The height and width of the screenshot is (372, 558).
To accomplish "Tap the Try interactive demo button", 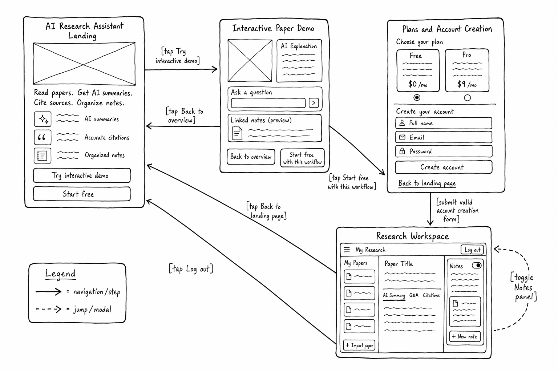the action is click(x=82, y=175).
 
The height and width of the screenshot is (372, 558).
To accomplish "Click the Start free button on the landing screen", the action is click(x=82, y=194).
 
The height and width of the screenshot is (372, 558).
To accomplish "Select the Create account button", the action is click(x=444, y=167).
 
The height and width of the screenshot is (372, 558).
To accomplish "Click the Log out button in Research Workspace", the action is click(x=472, y=250).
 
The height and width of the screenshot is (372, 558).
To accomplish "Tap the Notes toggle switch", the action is click(x=477, y=265).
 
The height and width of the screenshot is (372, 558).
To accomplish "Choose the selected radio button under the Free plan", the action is click(x=417, y=97).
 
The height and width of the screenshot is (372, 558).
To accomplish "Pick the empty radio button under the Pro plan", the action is click(x=467, y=98).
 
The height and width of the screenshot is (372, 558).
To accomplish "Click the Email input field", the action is click(x=444, y=137).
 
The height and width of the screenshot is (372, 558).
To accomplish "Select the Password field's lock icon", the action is click(x=402, y=151).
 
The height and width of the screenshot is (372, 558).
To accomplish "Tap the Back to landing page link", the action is click(x=427, y=183).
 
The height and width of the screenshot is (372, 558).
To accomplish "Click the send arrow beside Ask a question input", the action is click(x=314, y=103).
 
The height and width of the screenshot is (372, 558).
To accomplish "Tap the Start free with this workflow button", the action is click(x=302, y=158).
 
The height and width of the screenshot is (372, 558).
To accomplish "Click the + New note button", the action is click(x=465, y=336).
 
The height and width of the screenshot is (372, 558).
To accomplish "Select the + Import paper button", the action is click(x=359, y=345).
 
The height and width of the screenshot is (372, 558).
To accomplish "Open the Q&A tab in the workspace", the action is click(x=414, y=295).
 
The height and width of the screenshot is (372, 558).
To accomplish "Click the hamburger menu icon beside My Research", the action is click(x=347, y=250).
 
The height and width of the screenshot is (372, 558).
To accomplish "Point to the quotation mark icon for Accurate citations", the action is click(x=43, y=137).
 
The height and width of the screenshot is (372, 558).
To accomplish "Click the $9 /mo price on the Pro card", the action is click(x=467, y=84).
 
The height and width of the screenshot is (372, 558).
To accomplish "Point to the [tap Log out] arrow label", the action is click(x=191, y=268).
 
